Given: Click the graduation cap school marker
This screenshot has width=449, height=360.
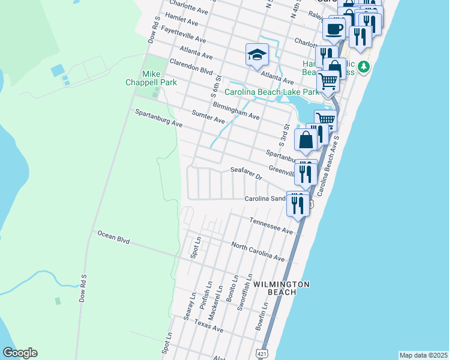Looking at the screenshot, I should (256, 55).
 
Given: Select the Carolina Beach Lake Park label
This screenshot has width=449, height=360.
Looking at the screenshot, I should (272, 92).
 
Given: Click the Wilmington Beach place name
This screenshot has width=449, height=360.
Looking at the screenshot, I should (281, 287).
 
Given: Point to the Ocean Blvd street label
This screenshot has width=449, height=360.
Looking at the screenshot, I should (113, 239).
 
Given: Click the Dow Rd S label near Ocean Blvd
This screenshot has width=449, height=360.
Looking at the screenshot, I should (83, 289).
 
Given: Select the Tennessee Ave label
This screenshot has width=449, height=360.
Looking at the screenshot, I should (271, 226).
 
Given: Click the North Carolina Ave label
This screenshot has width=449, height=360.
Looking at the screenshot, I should (258, 251).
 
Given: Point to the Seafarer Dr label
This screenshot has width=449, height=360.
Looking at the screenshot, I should (247, 173).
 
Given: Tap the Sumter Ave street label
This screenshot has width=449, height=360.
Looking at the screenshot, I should (208, 116).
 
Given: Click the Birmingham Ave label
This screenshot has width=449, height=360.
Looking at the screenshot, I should (236, 110).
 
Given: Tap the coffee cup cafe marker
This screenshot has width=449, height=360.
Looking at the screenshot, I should (334, 28).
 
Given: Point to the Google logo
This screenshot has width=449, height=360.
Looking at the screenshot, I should (20, 353).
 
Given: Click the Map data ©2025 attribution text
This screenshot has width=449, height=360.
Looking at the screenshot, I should (423, 355).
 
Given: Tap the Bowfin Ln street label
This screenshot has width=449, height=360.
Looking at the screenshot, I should (261, 314).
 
